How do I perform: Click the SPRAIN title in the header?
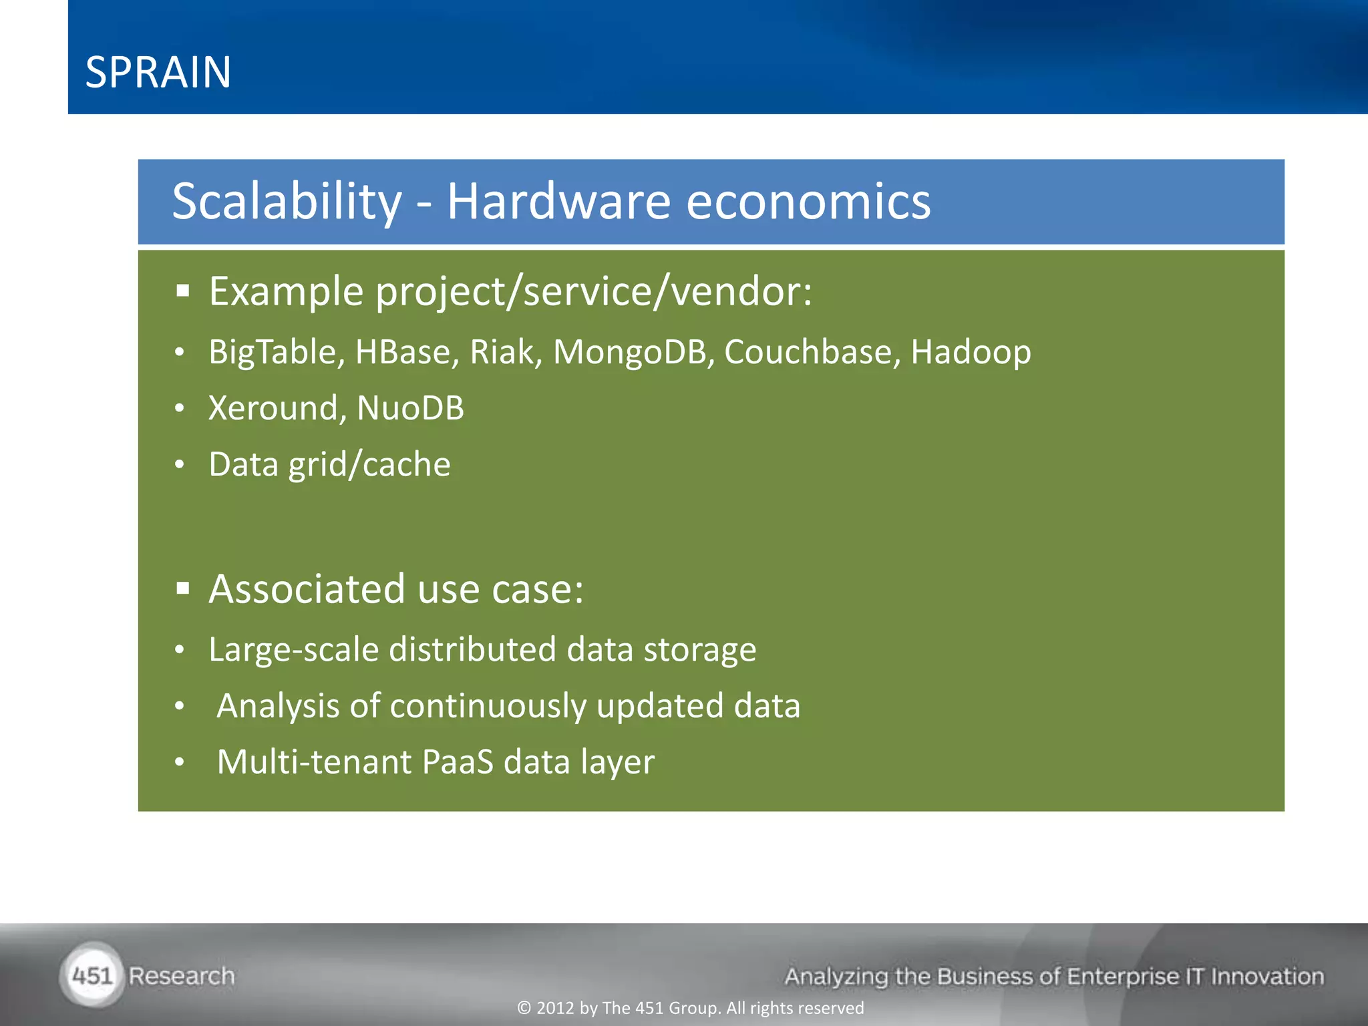point(158,72)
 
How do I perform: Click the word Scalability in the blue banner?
point(287,201)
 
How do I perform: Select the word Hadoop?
point(971,352)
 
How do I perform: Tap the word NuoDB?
point(410,408)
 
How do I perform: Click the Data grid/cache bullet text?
point(329,465)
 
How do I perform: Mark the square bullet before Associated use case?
point(184,588)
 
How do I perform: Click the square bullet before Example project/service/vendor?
point(184,291)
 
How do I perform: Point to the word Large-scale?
point(293,650)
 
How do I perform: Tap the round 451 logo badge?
point(92,976)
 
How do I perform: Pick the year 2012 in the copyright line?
point(555,1008)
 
